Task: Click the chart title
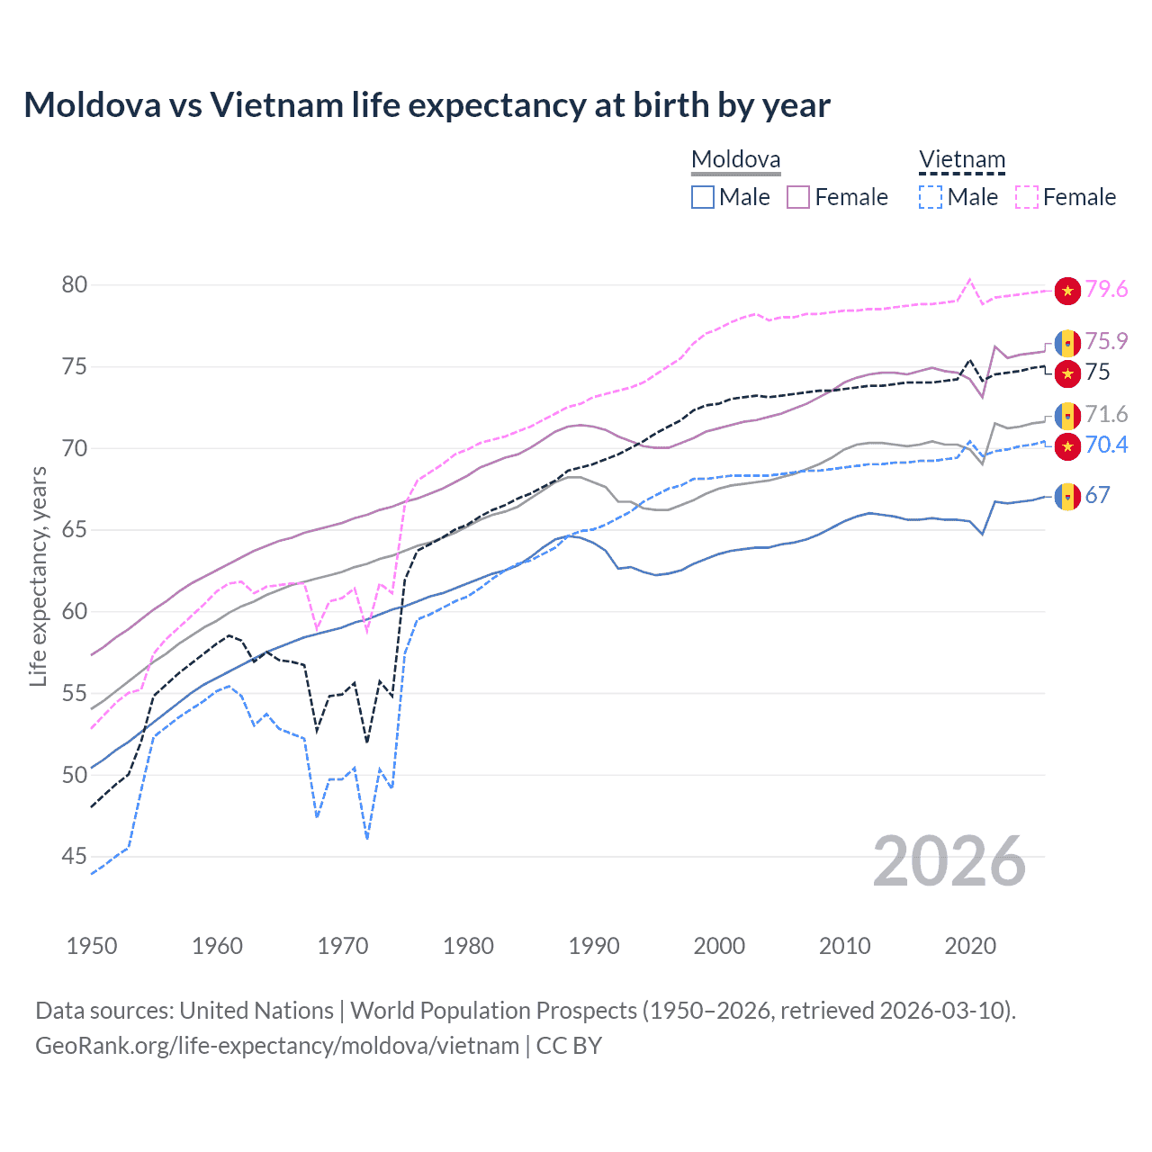427,105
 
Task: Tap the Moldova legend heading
735,160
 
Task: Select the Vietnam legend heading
961,160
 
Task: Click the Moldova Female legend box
798,197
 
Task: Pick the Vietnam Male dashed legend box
931,197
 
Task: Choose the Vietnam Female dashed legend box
1027,197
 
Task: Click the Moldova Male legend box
703,197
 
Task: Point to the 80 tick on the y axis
75,285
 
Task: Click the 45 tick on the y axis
75,857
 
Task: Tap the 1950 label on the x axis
92,946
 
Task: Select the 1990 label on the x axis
594,946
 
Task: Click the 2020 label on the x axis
970,946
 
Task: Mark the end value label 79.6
1106,289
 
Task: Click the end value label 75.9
1106,341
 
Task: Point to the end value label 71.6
1106,414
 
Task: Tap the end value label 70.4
1106,445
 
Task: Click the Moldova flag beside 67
1067,496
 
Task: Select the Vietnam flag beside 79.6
1067,290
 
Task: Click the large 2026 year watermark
949,862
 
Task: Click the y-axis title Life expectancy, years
39,576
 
